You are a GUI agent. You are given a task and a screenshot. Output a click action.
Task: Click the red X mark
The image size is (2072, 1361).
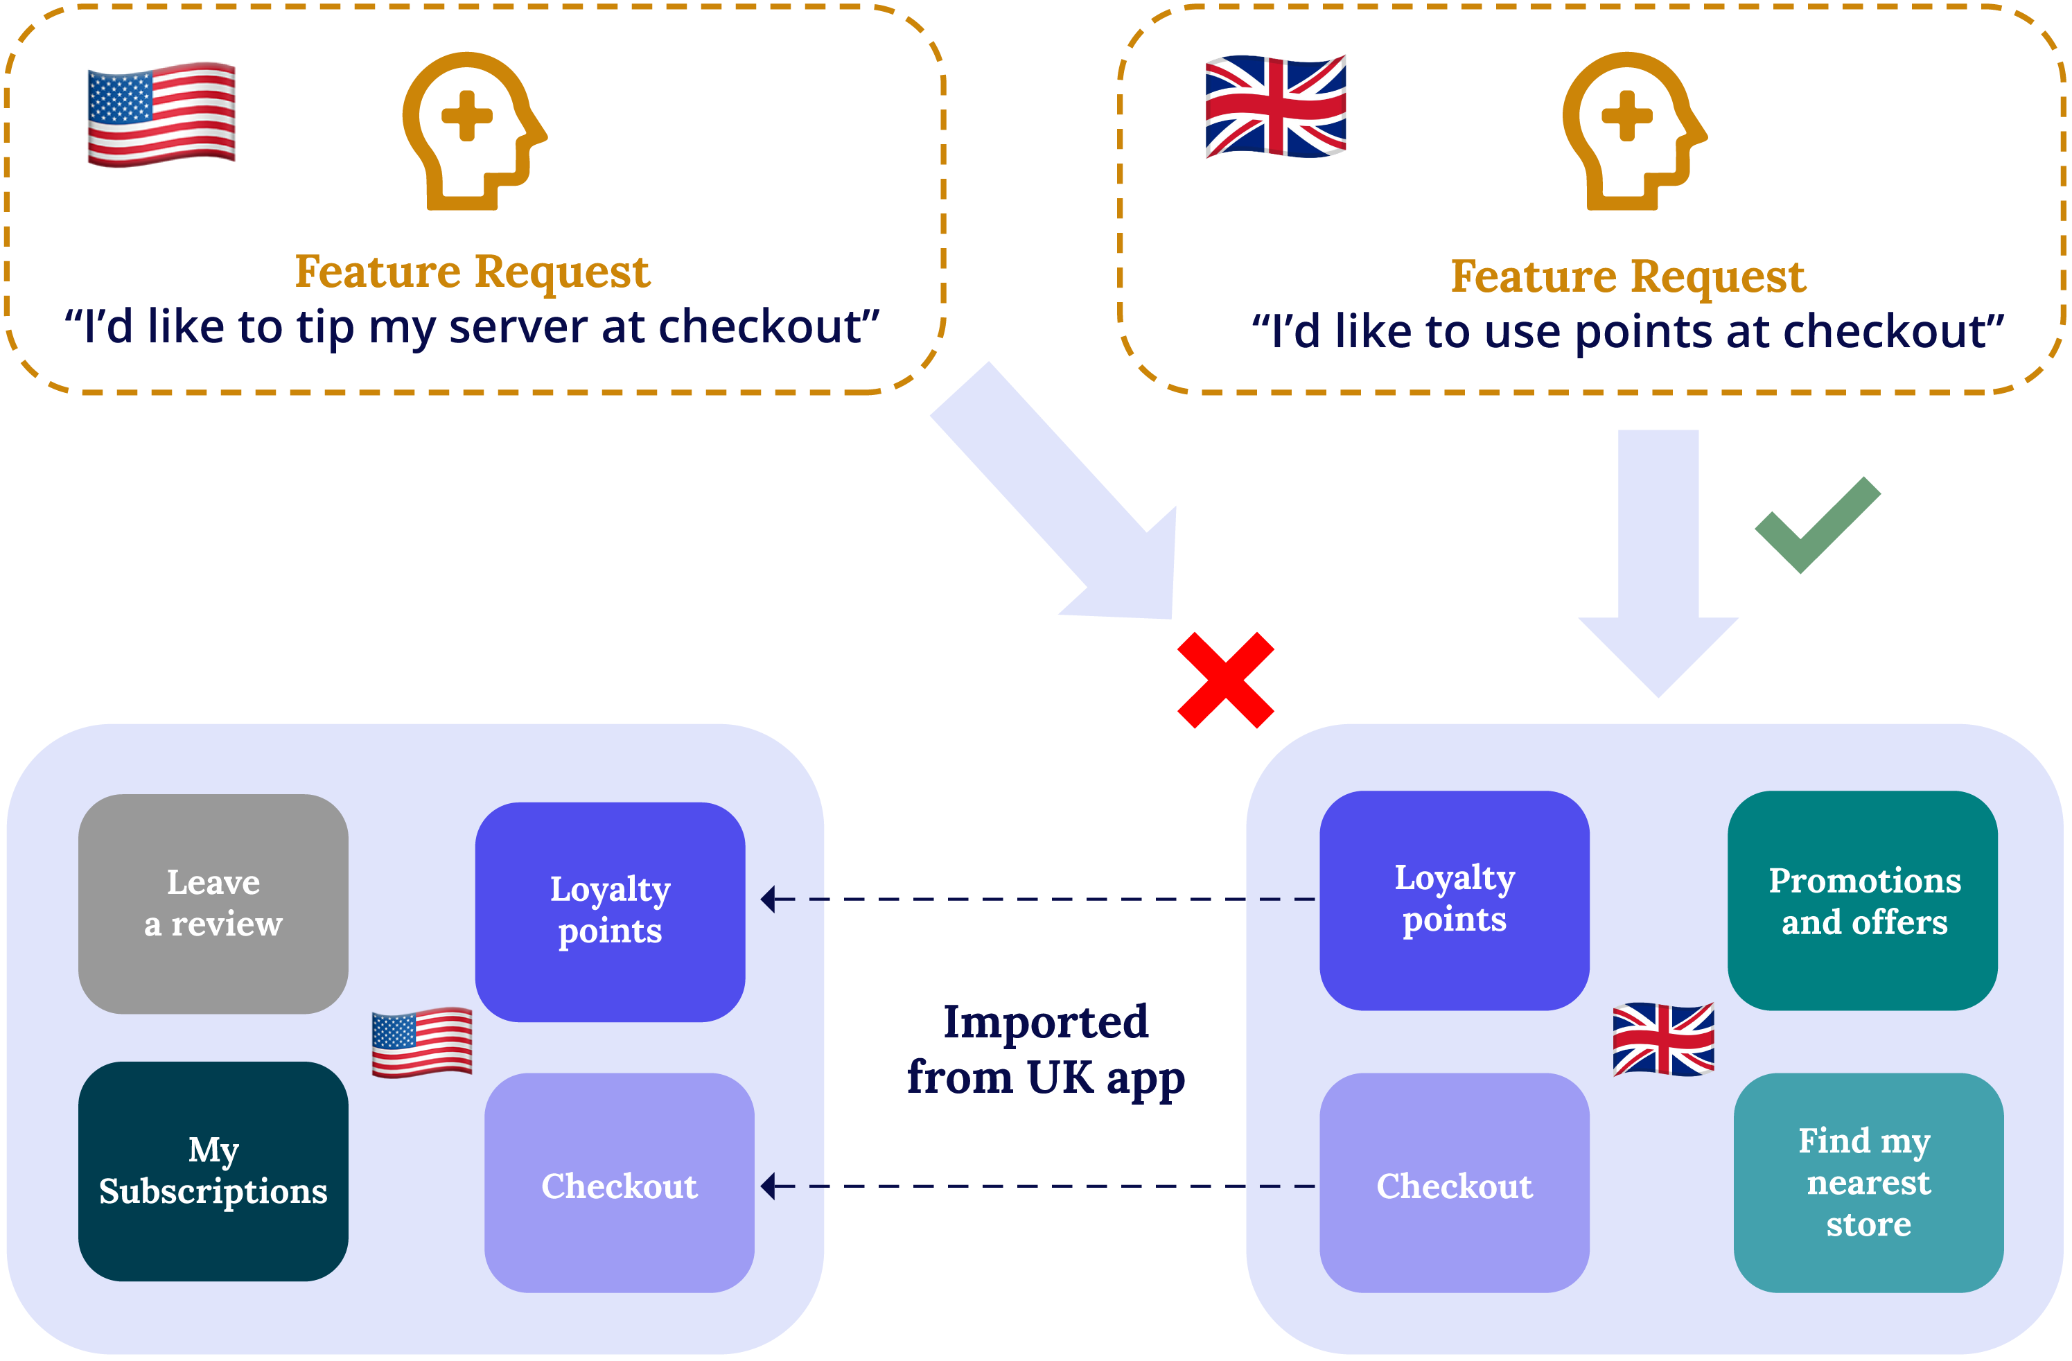[1225, 680]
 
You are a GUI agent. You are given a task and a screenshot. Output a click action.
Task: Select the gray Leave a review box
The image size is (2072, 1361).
[213, 903]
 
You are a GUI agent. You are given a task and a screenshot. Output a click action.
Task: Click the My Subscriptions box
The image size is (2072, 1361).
[213, 1170]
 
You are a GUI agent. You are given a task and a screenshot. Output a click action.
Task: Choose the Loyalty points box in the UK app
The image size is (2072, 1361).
[1454, 899]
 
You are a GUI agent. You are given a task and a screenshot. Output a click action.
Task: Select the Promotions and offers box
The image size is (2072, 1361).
[1863, 899]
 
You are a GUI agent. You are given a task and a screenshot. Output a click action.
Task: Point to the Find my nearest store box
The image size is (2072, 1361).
[1868, 1182]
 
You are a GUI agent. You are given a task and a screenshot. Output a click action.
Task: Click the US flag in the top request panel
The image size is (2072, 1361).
[161, 113]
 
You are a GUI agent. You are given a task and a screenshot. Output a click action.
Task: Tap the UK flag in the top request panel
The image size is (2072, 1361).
[1275, 107]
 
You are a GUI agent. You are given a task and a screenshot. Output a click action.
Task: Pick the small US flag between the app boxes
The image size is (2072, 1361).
[422, 1042]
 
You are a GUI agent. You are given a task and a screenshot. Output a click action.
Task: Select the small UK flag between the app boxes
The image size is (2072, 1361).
[1663, 1039]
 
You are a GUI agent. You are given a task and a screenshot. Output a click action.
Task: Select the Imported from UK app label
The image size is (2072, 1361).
[1046, 1049]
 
